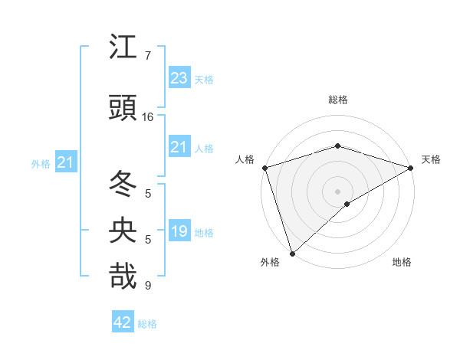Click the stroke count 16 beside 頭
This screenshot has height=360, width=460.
tap(148, 117)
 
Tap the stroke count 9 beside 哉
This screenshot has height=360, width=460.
tap(148, 286)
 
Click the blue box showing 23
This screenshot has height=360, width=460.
tap(179, 77)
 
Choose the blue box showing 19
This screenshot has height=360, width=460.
tap(179, 231)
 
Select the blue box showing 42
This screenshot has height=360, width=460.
tap(123, 322)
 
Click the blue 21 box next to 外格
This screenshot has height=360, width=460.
tap(65, 162)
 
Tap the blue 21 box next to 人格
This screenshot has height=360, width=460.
tap(179, 147)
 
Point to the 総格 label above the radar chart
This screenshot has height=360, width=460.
tap(338, 100)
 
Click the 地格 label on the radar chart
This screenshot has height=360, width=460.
tap(402, 263)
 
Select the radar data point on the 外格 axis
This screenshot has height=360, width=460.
tap(291, 254)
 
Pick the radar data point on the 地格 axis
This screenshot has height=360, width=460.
tap(347, 204)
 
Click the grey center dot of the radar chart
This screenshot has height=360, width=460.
tap(337, 191)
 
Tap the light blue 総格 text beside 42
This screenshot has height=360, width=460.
tap(147, 324)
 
